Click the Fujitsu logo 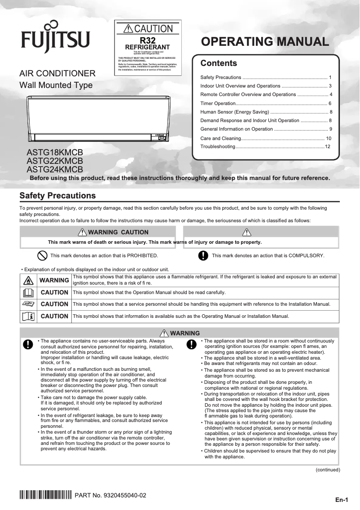pyautogui.click(x=55, y=37)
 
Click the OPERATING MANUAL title pyautogui.click(x=265, y=42)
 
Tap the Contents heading pyautogui.click(x=219, y=63)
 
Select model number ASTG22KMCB pyautogui.click(x=55, y=161)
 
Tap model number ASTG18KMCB pyautogui.click(x=55, y=152)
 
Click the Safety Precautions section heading pyautogui.click(x=57, y=196)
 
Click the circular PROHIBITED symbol pyautogui.click(x=42, y=255)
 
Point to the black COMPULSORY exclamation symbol pyautogui.click(x=203, y=255)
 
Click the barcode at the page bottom pyautogui.click(x=45, y=496)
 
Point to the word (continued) pyautogui.click(x=328, y=470)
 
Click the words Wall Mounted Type pyautogui.click(x=56, y=85)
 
